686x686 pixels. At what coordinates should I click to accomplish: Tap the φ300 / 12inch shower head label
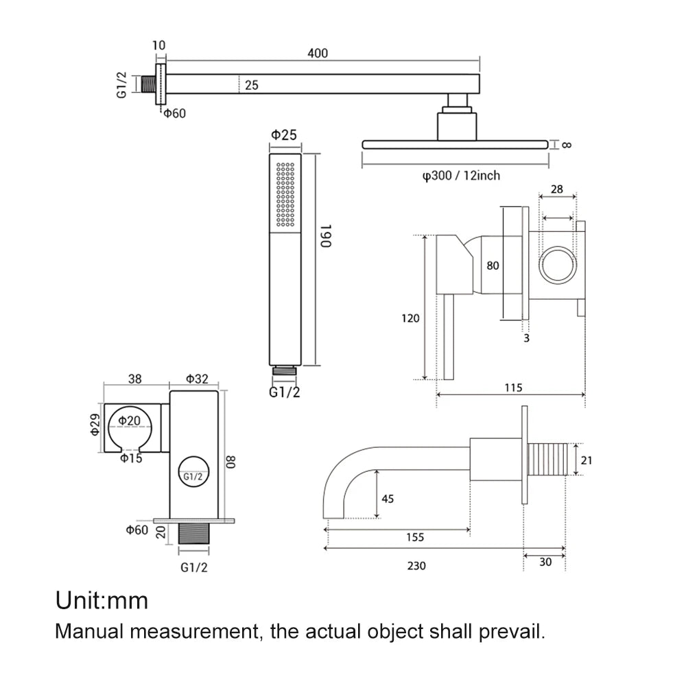point(461,176)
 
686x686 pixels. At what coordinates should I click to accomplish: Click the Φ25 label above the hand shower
point(284,135)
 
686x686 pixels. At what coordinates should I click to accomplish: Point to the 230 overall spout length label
point(416,566)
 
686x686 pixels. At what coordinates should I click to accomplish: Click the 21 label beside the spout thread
point(586,461)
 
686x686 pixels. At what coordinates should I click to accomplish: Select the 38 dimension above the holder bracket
point(135,377)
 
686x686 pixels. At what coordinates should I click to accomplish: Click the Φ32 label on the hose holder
point(197,377)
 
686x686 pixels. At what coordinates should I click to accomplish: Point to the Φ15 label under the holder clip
point(131,458)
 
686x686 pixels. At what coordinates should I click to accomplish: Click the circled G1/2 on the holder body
point(193,475)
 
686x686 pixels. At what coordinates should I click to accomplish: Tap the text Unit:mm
point(102,601)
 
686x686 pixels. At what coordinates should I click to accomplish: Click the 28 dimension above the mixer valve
point(556,188)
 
